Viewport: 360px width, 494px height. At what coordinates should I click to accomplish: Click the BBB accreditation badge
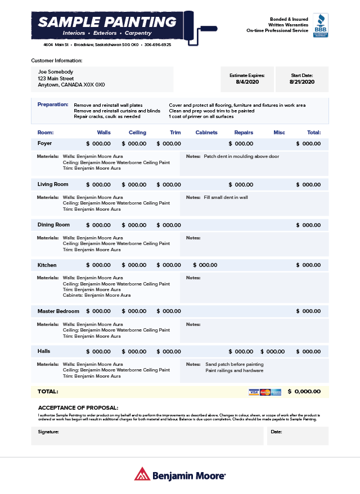tap(321, 25)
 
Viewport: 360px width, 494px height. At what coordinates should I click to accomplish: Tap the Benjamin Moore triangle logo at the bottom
tap(142, 474)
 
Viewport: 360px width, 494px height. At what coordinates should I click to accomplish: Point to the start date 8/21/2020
tap(302, 82)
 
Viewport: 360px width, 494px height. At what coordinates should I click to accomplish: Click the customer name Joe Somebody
tap(56, 72)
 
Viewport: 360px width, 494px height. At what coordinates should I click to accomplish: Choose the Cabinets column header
tap(206, 133)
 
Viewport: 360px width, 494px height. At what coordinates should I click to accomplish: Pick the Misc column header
tap(279, 133)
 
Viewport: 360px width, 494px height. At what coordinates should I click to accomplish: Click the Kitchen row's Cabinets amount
tap(205, 265)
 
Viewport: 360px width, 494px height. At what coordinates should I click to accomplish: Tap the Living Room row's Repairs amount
tap(241, 184)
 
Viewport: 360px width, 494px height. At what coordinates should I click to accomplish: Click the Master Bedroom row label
tap(58, 311)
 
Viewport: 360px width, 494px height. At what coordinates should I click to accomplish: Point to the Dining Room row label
tap(53, 225)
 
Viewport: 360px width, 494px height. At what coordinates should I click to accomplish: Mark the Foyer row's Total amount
tap(308, 144)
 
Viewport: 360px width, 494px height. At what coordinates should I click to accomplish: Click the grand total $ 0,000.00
tap(304, 392)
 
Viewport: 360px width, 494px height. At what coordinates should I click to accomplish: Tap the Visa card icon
tap(254, 392)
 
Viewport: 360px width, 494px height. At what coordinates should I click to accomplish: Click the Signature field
tap(147, 436)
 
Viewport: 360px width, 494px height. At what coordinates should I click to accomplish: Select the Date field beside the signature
tap(298, 436)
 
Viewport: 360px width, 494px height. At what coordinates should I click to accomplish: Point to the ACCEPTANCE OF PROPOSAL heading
tap(78, 407)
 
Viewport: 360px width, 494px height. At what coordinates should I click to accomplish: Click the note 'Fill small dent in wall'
tap(226, 197)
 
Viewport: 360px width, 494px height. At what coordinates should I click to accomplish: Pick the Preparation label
tap(53, 105)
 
